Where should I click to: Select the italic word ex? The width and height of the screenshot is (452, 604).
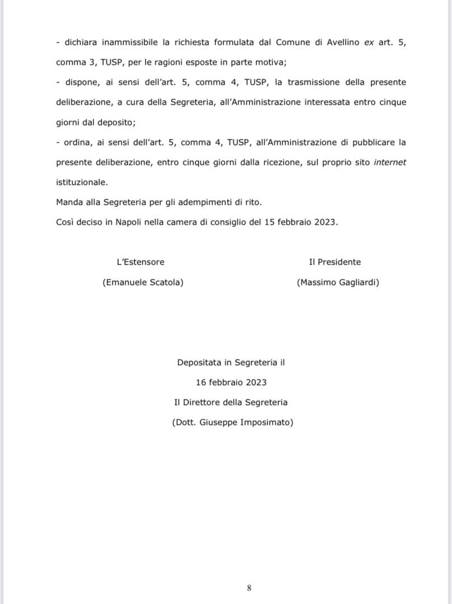coord(369,42)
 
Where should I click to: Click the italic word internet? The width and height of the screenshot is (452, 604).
coord(390,163)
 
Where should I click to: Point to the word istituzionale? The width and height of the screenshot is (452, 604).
coord(82,183)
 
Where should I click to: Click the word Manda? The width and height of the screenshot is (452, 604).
coord(69,202)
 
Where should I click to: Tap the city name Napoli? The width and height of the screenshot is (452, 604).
coord(130,222)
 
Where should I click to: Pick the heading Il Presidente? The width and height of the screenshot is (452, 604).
coord(335,262)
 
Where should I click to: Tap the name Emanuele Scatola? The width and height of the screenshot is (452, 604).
coord(143,282)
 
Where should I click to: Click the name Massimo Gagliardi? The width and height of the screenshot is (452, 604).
coord(338,282)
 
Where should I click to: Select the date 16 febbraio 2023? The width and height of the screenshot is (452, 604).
coord(231,383)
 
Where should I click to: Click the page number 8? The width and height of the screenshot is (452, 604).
coord(249,588)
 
